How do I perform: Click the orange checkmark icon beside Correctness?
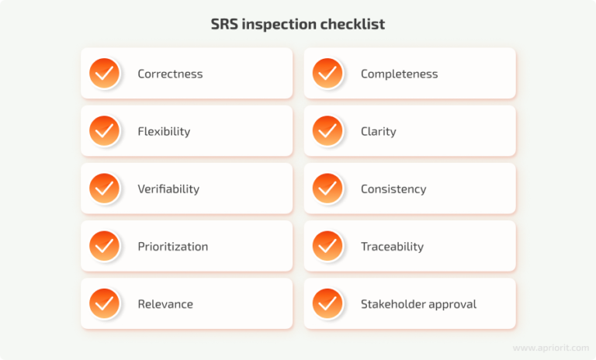[x=104, y=74]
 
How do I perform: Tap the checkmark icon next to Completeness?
[x=327, y=74]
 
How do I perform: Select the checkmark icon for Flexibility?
[x=104, y=131]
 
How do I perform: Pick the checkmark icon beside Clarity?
[x=327, y=131]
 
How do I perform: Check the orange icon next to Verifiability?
[x=104, y=189]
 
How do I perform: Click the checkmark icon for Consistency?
[x=327, y=189]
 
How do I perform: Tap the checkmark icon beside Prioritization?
[x=104, y=246]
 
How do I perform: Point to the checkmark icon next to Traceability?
[x=327, y=246]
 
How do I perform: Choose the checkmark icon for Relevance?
[x=104, y=303]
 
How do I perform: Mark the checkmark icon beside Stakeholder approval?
[x=327, y=303]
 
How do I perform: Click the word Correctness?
[x=170, y=74]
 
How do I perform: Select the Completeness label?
[x=399, y=74]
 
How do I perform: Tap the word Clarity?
[x=378, y=132]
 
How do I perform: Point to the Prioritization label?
[x=172, y=247]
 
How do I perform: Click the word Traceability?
[x=392, y=247]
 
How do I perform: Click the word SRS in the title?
[x=226, y=25]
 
